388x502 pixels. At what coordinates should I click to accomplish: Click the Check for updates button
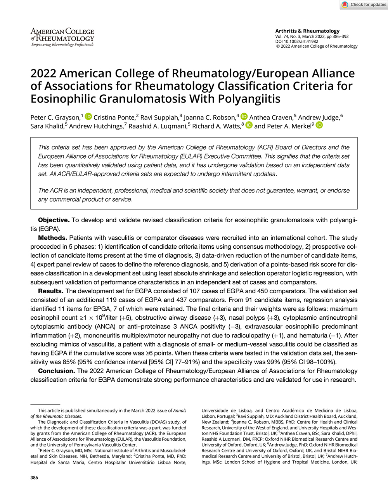pyautogui.click(x=364, y=5)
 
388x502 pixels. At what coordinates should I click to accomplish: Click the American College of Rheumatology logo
pyautogui.click(x=62, y=37)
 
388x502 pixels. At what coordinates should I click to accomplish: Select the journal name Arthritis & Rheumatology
pyautogui.click(x=307, y=31)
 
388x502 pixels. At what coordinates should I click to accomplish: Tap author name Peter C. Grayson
pyautogui.click(x=55, y=117)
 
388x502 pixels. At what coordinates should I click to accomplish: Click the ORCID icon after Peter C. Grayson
pyautogui.click(x=88, y=116)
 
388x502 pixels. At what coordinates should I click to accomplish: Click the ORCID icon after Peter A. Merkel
pyautogui.click(x=319, y=125)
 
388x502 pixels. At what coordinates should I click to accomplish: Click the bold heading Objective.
pyautogui.click(x=54, y=220)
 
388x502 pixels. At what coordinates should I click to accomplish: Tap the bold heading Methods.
pyautogui.click(x=52, y=238)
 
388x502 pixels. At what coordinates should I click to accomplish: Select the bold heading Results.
pyautogui.click(x=50, y=291)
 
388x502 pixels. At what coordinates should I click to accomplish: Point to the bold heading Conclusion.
pyautogui.click(x=57, y=371)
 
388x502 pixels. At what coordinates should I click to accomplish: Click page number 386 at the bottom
pyautogui.click(x=35, y=478)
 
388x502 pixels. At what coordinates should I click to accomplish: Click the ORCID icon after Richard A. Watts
pyautogui.click(x=249, y=125)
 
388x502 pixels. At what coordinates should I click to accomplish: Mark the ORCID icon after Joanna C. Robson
pyautogui.click(x=244, y=116)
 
